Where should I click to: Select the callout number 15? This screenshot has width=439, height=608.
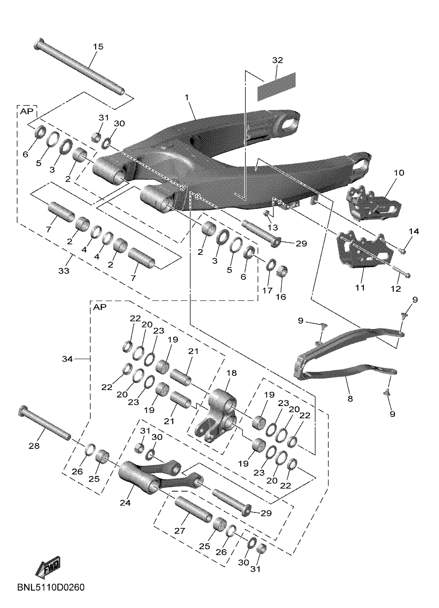coord(98,47)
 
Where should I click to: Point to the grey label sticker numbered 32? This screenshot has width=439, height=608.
coord(276,86)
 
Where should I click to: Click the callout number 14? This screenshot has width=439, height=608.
coord(414,231)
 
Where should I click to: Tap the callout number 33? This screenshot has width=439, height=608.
coord(64,271)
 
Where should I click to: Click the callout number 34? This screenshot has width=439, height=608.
coord(67,359)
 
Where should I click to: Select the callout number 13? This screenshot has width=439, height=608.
coord(273,227)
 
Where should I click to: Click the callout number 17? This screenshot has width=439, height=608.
coord(267,290)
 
